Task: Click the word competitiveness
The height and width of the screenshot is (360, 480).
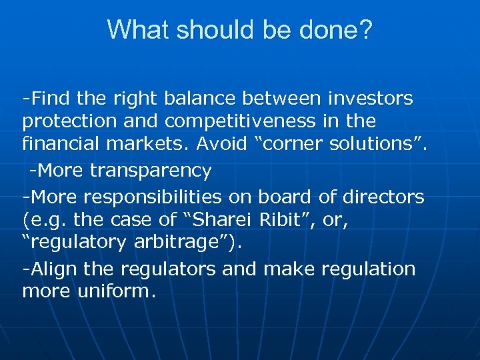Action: point(250,121)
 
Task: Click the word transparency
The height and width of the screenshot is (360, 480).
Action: point(151,171)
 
